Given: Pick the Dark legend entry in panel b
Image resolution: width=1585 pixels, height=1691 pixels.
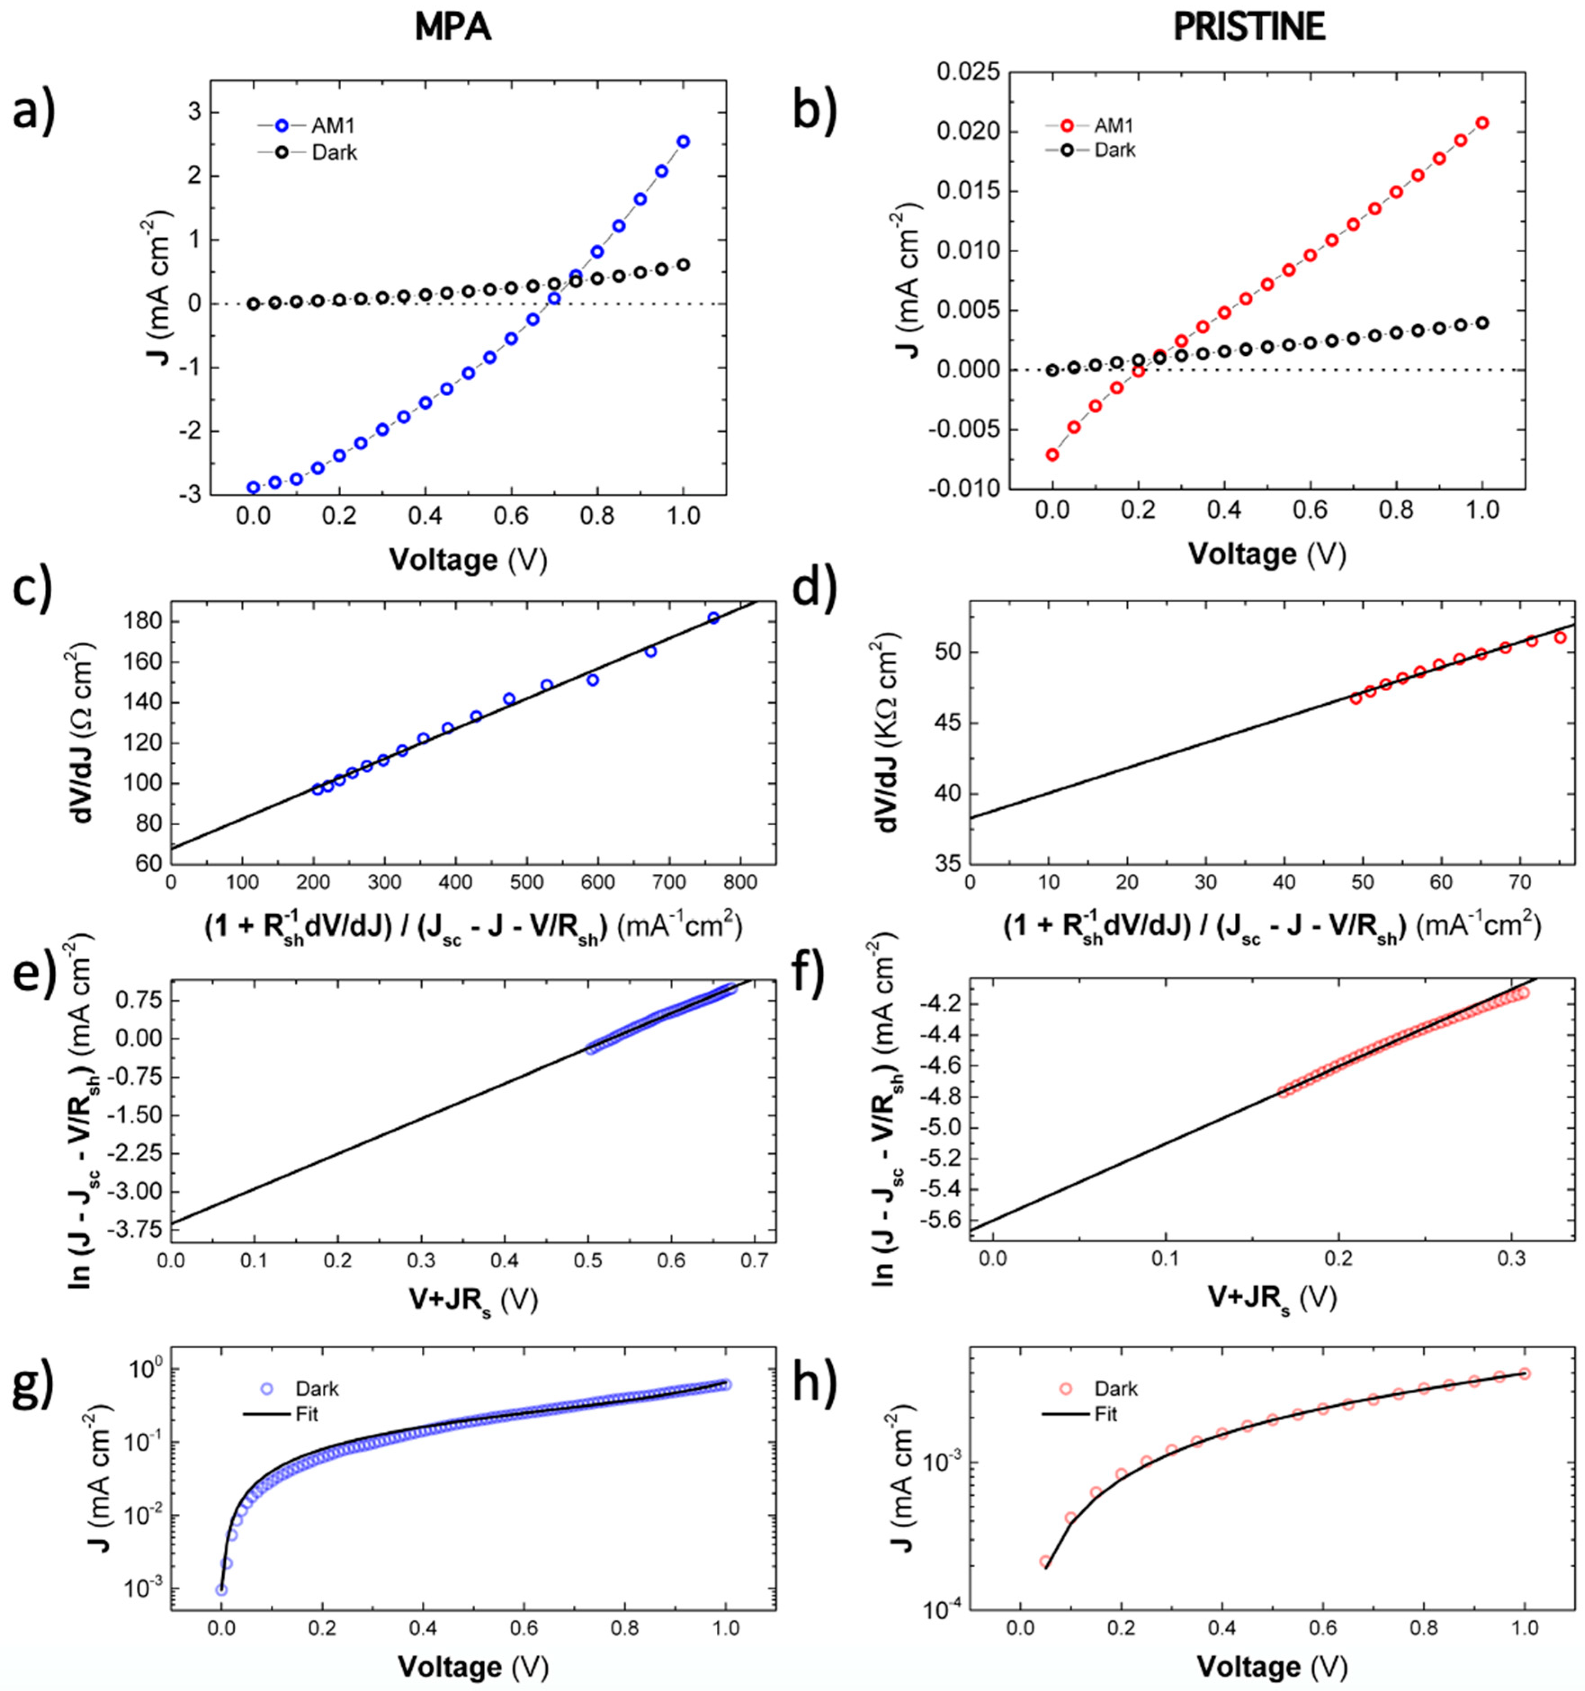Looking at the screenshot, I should tap(1114, 151).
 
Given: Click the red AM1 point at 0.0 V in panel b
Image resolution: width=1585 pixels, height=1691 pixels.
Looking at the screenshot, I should tap(1053, 455).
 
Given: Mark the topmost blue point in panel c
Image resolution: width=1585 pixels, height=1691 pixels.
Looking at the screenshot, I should tap(714, 618).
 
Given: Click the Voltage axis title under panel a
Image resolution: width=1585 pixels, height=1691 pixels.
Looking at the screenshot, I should tap(468, 560).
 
